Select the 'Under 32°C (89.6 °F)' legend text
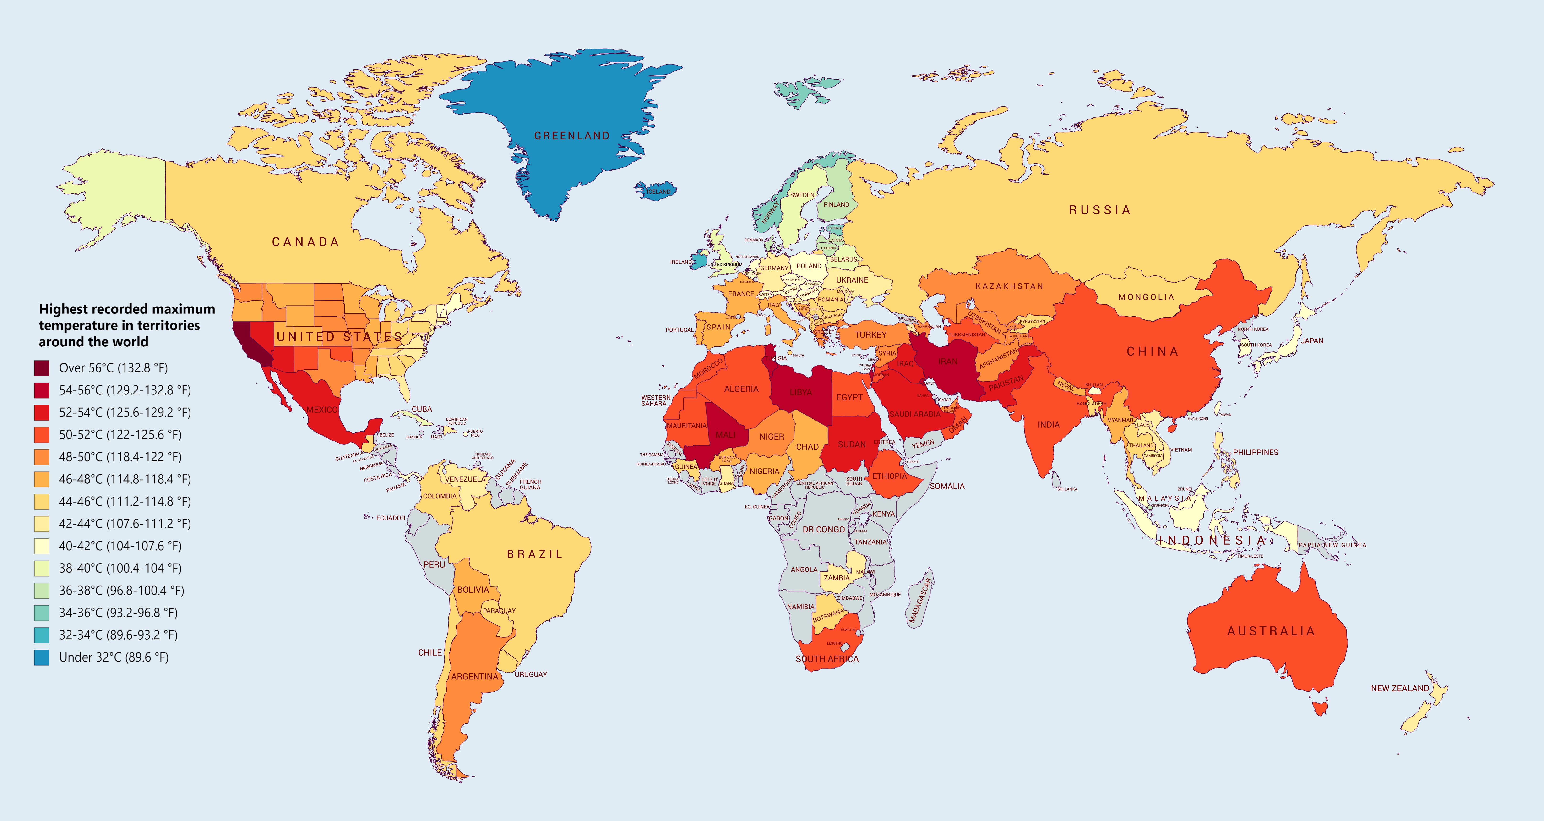(x=114, y=657)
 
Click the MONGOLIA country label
(x=1146, y=297)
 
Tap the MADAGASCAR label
(x=920, y=601)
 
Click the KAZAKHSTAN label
(x=1009, y=286)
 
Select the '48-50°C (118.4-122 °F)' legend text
(x=120, y=457)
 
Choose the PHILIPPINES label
(x=1255, y=452)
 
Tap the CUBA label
(x=421, y=409)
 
